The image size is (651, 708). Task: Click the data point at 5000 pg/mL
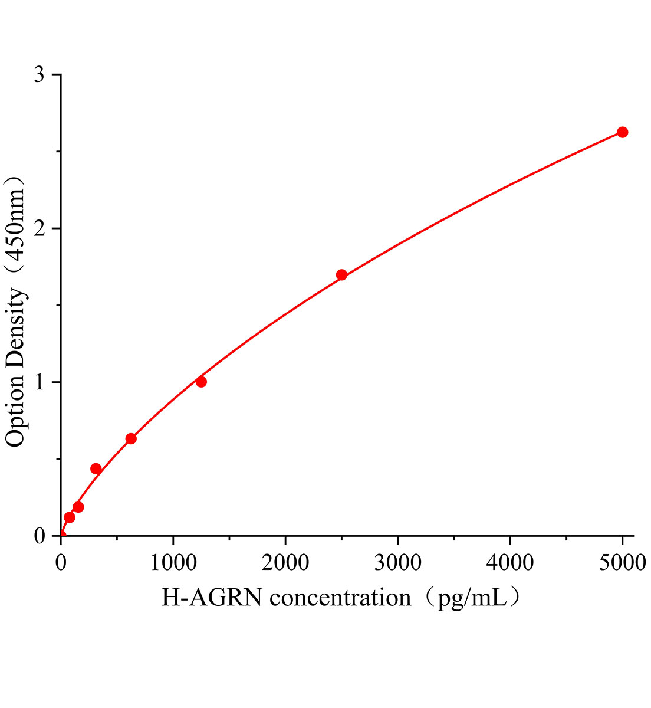click(622, 132)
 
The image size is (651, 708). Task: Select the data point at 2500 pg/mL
click(341, 275)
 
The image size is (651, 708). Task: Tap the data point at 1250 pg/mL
click(201, 382)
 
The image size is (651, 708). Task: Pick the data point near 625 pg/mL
click(131, 439)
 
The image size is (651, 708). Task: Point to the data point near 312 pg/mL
click(96, 469)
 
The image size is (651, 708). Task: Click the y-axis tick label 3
click(40, 75)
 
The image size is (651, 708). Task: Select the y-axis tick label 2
click(40, 229)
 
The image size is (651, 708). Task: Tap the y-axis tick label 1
click(40, 382)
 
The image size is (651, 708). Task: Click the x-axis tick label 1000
click(173, 563)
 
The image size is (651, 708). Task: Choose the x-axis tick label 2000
click(285, 563)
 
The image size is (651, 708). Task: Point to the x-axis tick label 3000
click(397, 563)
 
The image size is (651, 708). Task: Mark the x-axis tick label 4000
click(510, 563)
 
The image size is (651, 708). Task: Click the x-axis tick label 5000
click(622, 563)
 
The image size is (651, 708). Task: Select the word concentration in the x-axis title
click(340, 598)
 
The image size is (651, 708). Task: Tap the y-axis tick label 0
click(40, 536)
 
